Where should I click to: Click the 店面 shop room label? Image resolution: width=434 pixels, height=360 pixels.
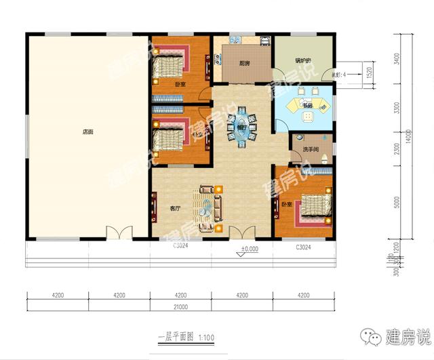point(88,132)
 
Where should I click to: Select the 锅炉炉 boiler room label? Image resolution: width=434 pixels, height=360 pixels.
point(303,61)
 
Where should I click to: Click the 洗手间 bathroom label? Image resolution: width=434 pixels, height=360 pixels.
point(311,149)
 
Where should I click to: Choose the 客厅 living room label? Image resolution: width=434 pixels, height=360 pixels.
point(174,208)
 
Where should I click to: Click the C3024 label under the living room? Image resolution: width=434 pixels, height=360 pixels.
point(180,245)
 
